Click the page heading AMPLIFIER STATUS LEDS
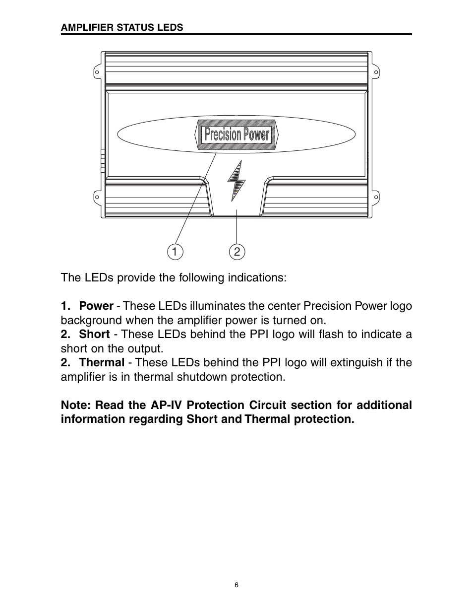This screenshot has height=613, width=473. pos(121,28)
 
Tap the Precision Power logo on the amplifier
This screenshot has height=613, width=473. pos(237,134)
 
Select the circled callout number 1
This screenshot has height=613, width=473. pos(175,252)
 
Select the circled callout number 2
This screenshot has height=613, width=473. pos(237,252)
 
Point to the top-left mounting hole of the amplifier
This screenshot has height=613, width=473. pos(97,72)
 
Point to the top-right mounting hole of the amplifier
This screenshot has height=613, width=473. pos(376,72)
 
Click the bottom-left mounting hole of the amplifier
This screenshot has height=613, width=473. pos(97,198)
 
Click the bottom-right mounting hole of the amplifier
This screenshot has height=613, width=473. pos(376,198)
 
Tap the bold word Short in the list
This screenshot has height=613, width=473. pos(94,334)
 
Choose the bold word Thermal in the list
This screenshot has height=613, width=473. pos(102,362)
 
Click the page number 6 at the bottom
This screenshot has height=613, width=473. pos(236,585)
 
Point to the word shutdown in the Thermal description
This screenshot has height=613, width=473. pos(203,377)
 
